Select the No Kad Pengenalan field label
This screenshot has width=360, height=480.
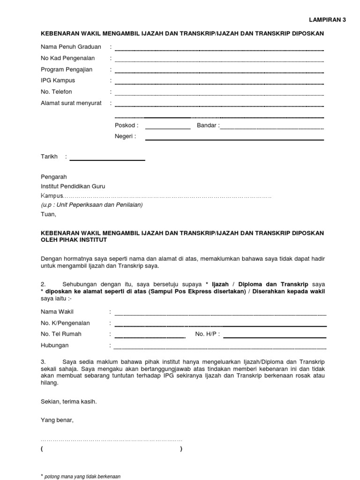click(67, 58)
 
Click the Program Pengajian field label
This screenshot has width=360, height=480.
click(66, 69)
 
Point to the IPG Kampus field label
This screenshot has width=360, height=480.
click(58, 81)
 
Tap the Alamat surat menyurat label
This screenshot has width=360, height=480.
click(71, 103)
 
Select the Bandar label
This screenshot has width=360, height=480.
click(207, 126)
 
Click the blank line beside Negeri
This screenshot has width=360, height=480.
click(234, 139)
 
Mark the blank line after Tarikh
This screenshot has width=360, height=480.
click(107, 160)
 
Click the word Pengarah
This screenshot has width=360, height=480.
click(54, 177)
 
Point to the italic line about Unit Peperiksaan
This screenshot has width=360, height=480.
click(92, 205)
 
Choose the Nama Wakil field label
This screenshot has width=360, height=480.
click(57, 312)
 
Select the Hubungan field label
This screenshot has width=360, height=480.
click(54, 345)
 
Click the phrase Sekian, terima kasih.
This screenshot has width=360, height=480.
click(69, 402)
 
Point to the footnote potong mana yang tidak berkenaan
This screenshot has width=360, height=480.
click(82, 476)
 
